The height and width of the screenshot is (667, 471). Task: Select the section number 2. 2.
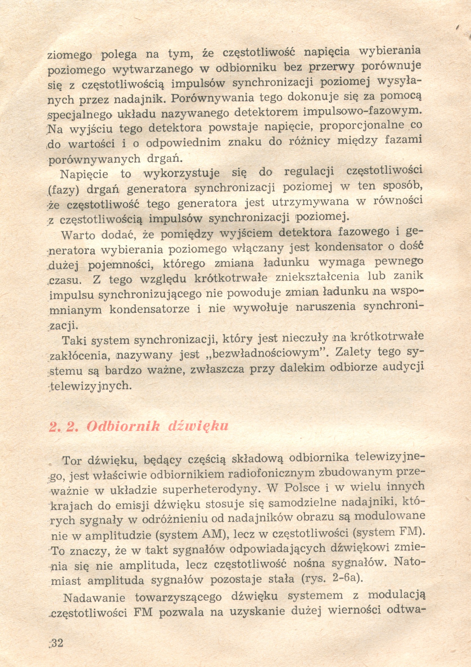(64, 427)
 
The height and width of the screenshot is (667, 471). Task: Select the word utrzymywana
(310, 202)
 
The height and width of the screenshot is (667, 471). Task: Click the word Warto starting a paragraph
(78, 235)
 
